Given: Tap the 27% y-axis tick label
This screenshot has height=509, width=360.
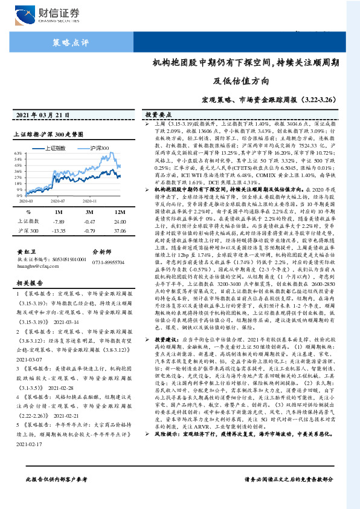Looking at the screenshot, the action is [18, 177].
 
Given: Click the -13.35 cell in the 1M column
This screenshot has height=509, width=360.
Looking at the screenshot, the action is [59, 230].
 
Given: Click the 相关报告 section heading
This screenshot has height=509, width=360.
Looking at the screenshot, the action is [28, 282].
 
